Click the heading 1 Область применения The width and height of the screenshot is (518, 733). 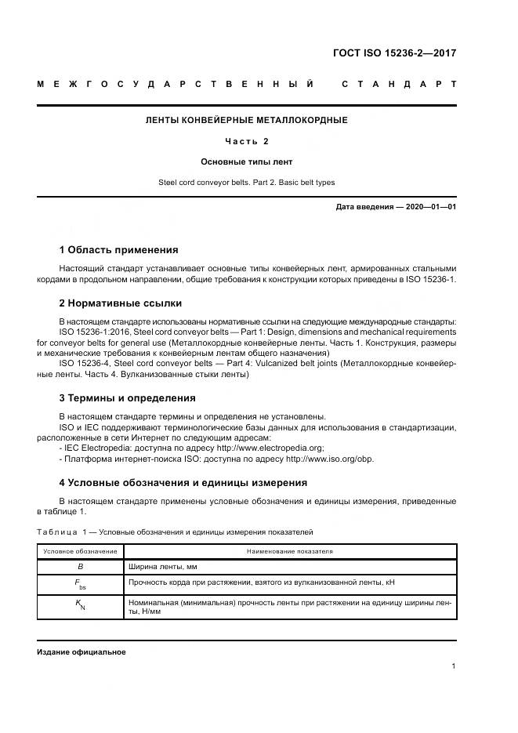118,250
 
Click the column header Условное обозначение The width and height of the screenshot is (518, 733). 80,552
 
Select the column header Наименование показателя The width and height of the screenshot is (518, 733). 290,552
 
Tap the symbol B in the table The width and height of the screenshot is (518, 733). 80,566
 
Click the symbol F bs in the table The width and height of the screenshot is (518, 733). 80,584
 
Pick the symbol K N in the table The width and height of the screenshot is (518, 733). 80,607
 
